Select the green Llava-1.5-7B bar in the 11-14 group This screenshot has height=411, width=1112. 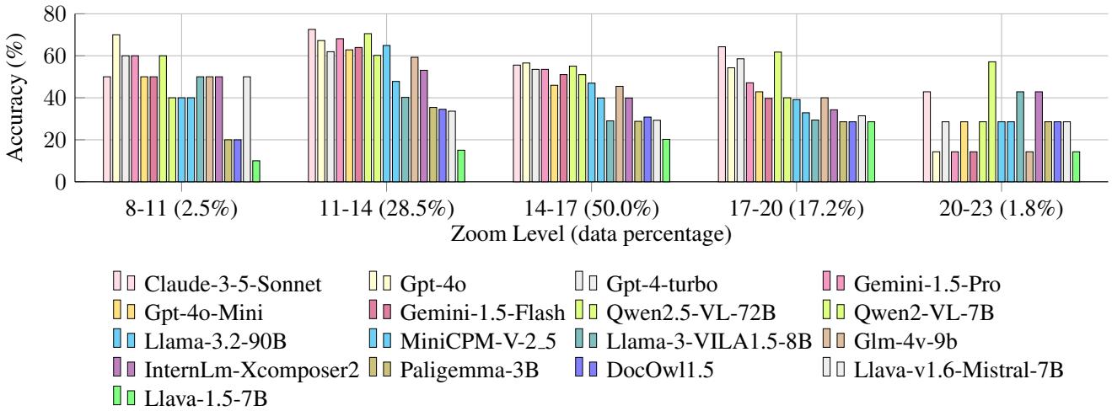click(460, 166)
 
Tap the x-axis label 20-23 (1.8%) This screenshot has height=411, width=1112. click(1000, 207)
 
